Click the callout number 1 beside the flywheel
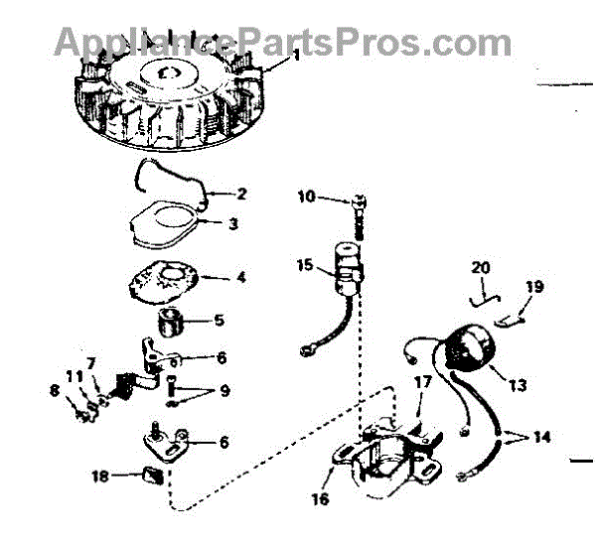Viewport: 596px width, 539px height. [294, 56]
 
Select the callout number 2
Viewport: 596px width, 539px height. [241, 193]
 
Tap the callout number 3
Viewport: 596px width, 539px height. [232, 224]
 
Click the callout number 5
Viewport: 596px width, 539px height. [220, 320]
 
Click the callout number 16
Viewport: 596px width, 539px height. [319, 499]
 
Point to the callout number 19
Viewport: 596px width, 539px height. [534, 287]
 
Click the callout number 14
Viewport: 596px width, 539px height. [541, 436]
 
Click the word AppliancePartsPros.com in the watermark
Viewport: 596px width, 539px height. [282, 42]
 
